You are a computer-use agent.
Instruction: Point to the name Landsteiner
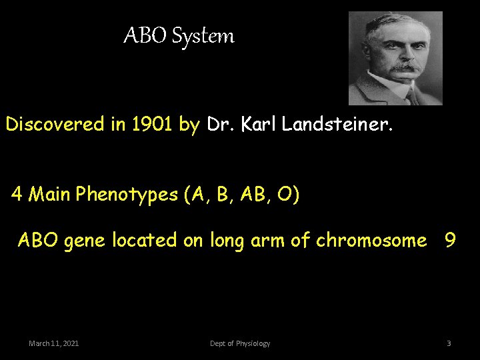coord(339,124)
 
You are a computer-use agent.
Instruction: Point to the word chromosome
coord(371,240)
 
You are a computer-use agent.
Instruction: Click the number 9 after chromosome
coord(450,240)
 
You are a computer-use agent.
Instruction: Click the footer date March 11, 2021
coord(54,343)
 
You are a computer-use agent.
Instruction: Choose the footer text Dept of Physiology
coord(240,343)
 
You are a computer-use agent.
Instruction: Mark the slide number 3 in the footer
coord(449,343)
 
